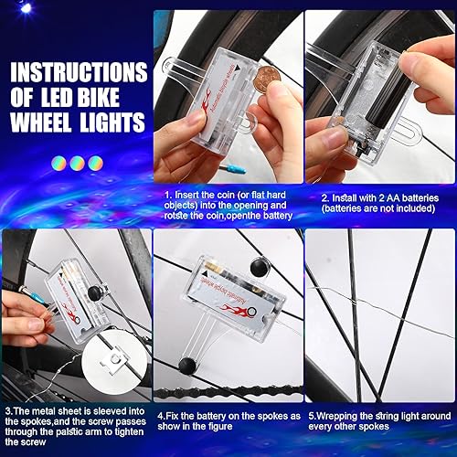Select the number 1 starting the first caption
pos(167,195)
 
